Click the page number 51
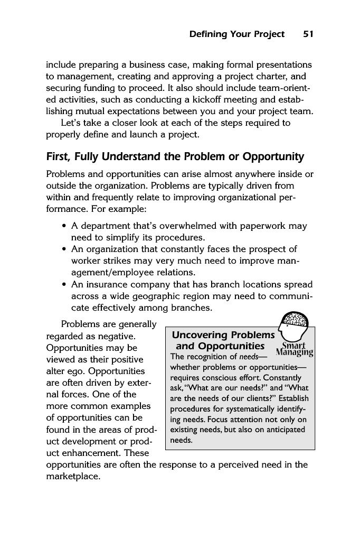pyautogui.click(x=308, y=34)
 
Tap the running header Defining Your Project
pyautogui.click(x=236, y=34)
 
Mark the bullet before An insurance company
pyautogui.click(x=64, y=285)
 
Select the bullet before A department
pyautogui.click(x=64, y=226)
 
